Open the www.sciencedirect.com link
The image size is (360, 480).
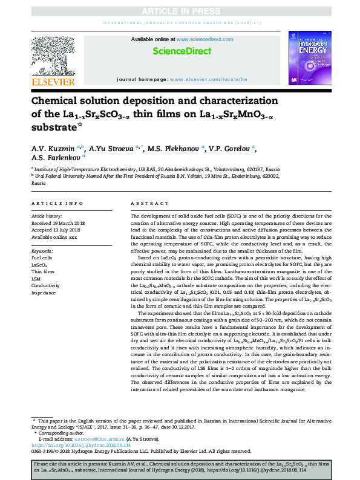click(195, 40)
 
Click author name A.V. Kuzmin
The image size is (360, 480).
click(51, 149)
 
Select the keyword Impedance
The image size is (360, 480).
click(44, 293)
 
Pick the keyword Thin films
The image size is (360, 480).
click(43, 273)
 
